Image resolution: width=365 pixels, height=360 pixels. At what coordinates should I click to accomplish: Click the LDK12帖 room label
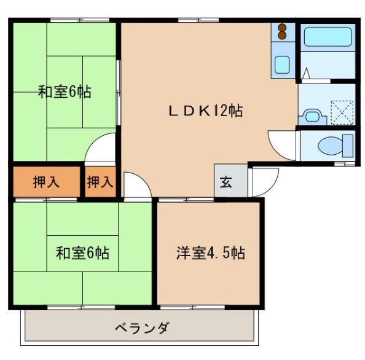[x=205, y=111]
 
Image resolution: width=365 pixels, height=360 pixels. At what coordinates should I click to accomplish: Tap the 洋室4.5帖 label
[x=210, y=252]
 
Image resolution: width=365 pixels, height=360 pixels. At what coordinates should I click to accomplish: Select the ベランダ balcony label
[x=141, y=327]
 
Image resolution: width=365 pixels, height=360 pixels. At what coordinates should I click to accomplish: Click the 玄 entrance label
[x=226, y=182]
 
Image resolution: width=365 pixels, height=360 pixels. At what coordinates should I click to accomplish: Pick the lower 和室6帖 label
[x=82, y=252]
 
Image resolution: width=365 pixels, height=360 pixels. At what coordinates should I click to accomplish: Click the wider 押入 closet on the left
[x=46, y=182]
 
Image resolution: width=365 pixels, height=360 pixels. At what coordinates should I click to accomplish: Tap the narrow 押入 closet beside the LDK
[x=100, y=182]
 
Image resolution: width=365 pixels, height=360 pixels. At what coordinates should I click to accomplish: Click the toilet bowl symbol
[x=332, y=146]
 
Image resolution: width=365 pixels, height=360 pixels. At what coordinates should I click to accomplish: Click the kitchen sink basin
[x=283, y=65]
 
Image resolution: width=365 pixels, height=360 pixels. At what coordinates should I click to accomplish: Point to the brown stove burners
[x=283, y=31]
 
